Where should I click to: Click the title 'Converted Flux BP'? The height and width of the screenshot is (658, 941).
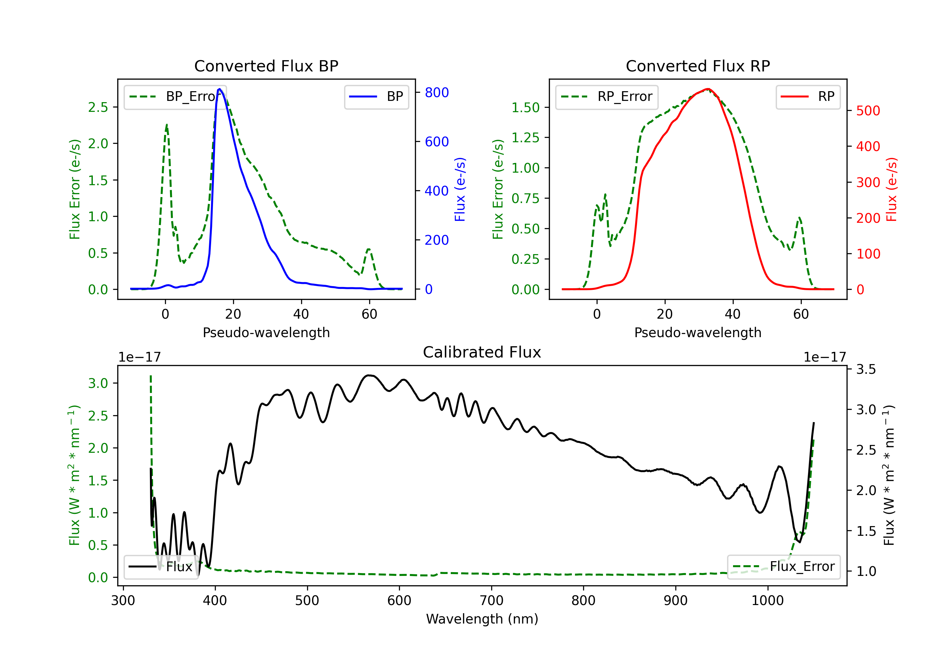click(266, 66)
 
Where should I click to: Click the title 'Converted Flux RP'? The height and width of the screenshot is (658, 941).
click(698, 66)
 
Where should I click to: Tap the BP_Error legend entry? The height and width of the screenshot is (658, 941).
click(175, 97)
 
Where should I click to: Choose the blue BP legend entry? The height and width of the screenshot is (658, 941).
click(376, 97)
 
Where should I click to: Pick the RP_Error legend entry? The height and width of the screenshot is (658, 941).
click(607, 97)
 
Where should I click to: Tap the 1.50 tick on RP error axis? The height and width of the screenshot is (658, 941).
click(525, 107)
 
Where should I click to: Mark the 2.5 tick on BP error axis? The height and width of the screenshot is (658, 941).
click(98, 107)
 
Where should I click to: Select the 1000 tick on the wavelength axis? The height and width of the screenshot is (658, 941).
click(767, 600)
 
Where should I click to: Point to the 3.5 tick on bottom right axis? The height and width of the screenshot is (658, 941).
click(866, 369)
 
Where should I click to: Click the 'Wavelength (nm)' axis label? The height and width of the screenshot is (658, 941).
click(482, 619)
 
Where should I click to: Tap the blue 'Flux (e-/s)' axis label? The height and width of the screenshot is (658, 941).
click(460, 189)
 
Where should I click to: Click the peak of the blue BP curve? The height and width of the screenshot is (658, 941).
click(220, 89)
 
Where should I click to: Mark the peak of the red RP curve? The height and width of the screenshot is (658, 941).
click(707, 89)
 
